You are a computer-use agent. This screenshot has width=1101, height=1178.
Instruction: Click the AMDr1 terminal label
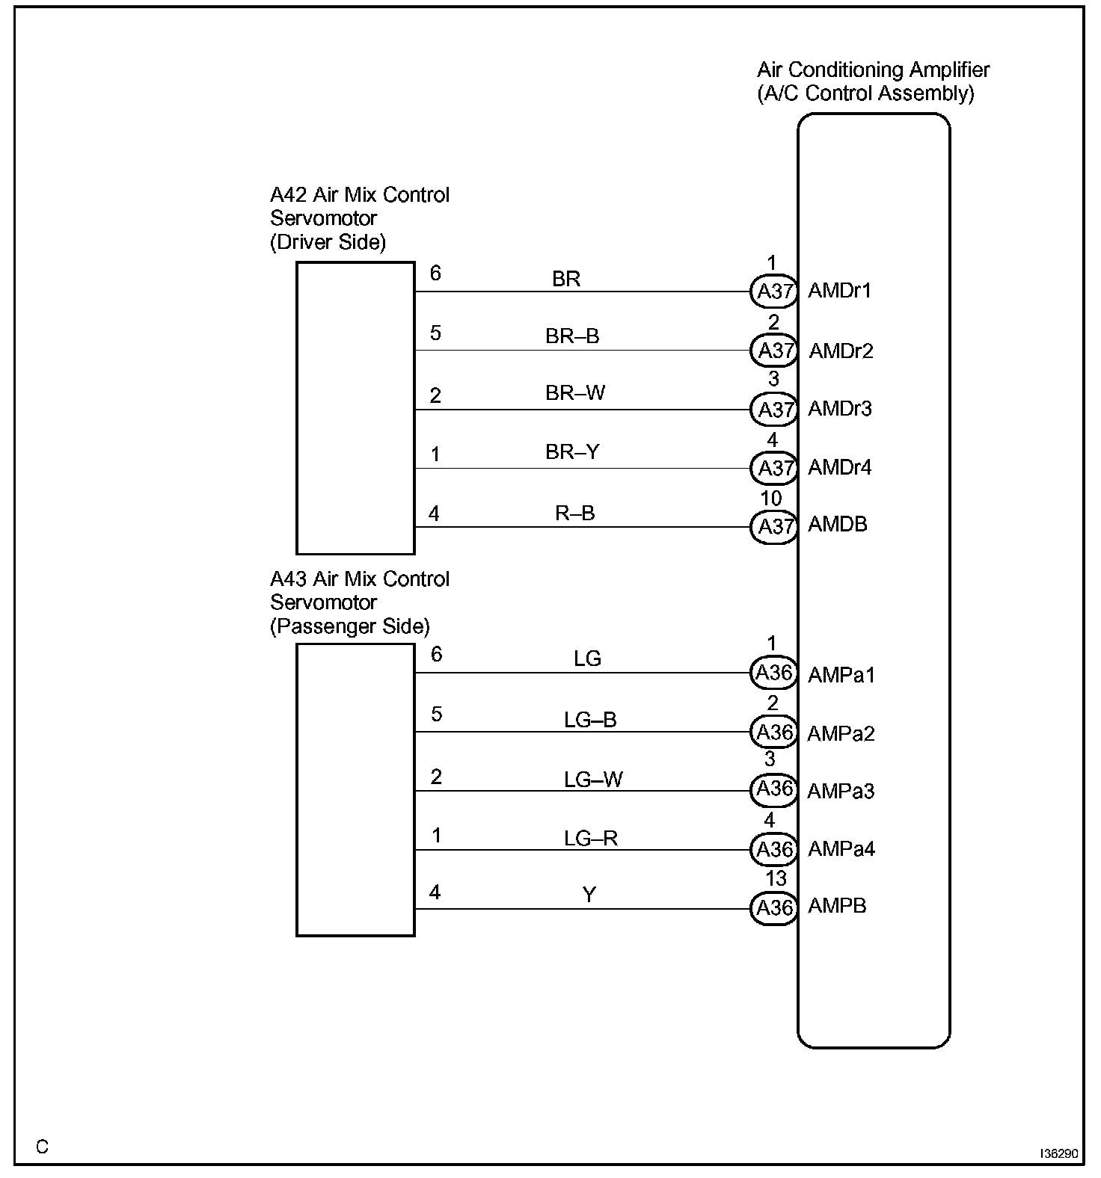tap(839, 290)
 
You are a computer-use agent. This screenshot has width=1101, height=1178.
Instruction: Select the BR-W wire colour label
tap(574, 392)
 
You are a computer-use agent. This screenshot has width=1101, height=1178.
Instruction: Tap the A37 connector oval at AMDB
tap(775, 527)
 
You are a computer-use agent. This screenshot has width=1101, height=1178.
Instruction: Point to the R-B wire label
tap(574, 513)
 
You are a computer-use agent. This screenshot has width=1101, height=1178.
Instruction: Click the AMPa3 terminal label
tap(840, 791)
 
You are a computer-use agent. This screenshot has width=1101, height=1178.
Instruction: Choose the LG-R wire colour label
tap(591, 839)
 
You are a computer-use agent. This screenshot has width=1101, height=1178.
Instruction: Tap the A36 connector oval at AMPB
tap(774, 907)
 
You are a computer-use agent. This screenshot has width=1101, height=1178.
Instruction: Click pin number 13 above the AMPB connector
tap(775, 879)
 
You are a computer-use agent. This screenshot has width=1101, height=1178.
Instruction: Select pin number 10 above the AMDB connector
tap(770, 498)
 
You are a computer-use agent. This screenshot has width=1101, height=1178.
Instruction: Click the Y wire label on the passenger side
tap(589, 895)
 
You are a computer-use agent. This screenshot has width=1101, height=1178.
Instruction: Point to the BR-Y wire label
tap(572, 451)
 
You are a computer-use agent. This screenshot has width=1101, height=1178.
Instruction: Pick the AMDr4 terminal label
tap(839, 468)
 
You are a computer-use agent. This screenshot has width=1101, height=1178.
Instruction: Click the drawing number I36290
tap(1058, 1154)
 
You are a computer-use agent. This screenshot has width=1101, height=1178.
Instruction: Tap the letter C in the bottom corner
tap(42, 1147)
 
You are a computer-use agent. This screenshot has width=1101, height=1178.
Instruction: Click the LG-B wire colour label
tap(590, 720)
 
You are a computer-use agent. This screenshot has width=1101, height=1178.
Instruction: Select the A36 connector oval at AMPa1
tap(774, 673)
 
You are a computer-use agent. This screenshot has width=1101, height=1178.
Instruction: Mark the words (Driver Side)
tap(328, 242)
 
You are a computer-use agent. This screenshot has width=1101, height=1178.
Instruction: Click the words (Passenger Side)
tap(349, 626)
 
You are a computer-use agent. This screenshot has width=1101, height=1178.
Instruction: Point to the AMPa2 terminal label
tap(840, 733)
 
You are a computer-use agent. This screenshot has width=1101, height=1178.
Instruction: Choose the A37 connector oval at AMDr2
tap(775, 350)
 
